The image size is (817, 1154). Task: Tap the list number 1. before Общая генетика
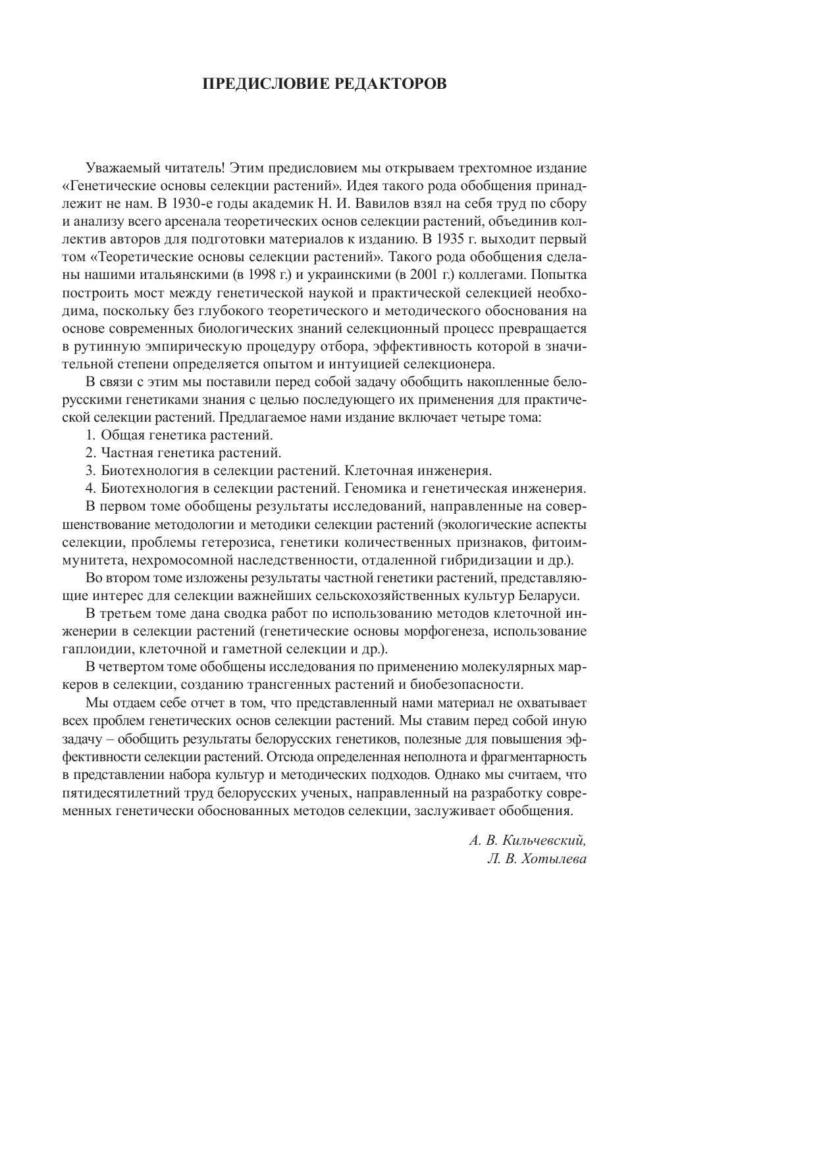pyautogui.click(x=91, y=435)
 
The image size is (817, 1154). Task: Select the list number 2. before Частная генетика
pyautogui.click(x=91, y=453)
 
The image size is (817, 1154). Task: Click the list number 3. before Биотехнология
pyautogui.click(x=91, y=471)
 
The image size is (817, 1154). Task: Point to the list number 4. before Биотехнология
pyautogui.click(x=91, y=489)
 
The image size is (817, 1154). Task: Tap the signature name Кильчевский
pyautogui.click(x=544, y=841)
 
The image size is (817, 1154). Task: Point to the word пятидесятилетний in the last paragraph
pyautogui.click(x=120, y=793)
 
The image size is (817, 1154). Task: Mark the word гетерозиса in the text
pyautogui.click(x=311, y=543)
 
